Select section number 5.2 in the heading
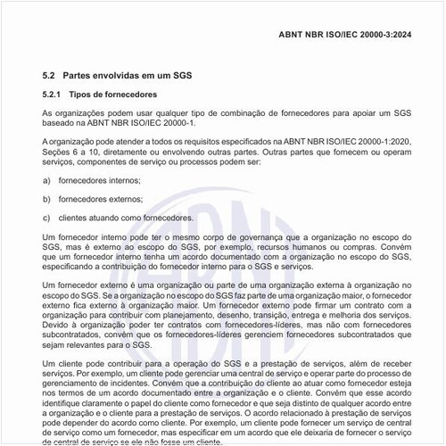(x=49, y=77)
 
